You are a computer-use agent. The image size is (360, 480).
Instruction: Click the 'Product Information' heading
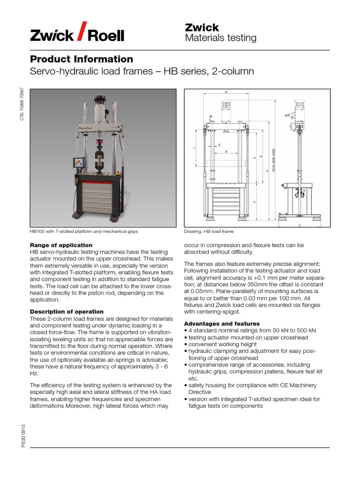pyautogui.click(x=82, y=59)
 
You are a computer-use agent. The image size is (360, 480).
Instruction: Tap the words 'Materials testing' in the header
pyautogui.click(x=221, y=38)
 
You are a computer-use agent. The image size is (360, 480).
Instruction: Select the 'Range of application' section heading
pyautogui.click(x=61, y=245)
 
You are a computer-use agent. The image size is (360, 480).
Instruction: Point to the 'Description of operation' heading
pyautogui.click(x=67, y=312)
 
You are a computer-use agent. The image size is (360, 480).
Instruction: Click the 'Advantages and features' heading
pyautogui.click(x=222, y=323)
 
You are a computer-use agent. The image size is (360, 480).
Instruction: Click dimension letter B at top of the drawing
pyautogui.click(x=226, y=92)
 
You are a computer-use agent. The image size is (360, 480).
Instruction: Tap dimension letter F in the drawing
pyautogui.click(x=255, y=202)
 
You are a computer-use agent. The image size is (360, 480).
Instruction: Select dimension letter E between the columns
pyautogui.click(x=220, y=145)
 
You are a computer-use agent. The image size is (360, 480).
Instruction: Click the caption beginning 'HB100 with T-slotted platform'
pyautogui.click(x=84, y=232)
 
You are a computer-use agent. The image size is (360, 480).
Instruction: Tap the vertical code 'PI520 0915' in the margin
pyautogui.click(x=23, y=435)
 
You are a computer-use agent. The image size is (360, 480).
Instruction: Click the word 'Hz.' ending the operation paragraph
pyautogui.click(x=34, y=374)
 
